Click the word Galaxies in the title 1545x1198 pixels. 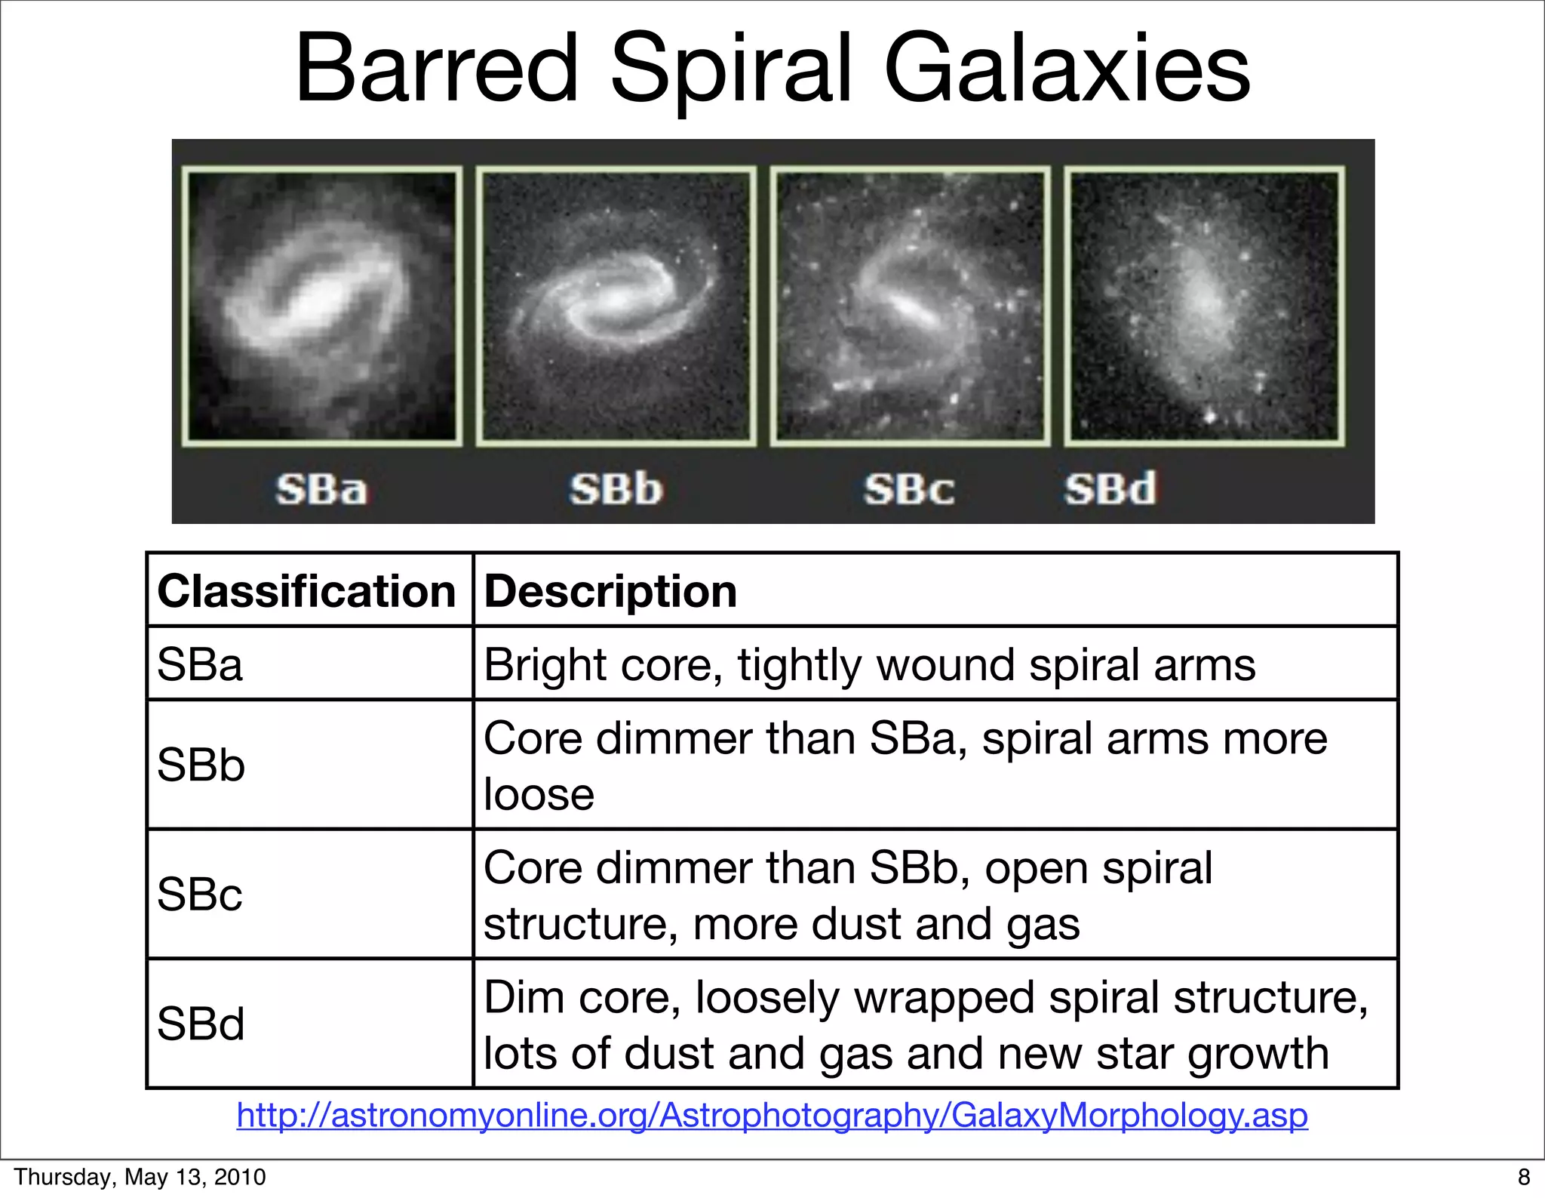coord(1067,69)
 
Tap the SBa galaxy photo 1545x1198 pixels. coord(322,306)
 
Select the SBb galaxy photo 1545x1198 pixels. coord(616,306)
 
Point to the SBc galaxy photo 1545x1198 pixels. coord(910,306)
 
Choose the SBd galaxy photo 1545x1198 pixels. coord(1204,306)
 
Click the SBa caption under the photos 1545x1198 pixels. coord(321,489)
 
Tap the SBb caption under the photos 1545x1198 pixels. coord(616,489)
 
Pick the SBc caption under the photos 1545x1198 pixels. coord(909,489)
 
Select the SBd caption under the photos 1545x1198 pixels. coord(1110,489)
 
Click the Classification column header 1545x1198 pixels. coord(306,590)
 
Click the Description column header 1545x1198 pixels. coord(610,590)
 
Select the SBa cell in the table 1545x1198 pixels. coord(200,665)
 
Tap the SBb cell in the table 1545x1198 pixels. coord(201,765)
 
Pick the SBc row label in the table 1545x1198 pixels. coord(200,895)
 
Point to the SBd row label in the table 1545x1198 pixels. coord(201,1024)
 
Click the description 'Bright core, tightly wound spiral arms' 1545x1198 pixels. coord(869,665)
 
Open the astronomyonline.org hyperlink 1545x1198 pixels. coord(772,1115)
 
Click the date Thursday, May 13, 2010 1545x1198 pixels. coord(140,1177)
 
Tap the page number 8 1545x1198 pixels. coord(1523,1178)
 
